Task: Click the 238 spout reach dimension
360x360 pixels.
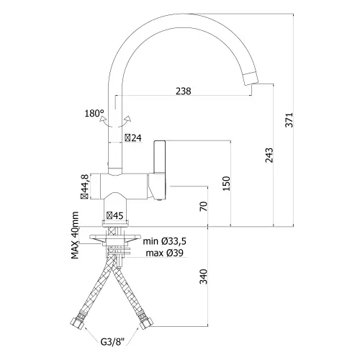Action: click(x=184, y=91)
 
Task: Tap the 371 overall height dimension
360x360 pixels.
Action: click(x=289, y=120)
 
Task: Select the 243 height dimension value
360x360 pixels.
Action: click(x=269, y=156)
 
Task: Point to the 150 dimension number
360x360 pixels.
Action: click(x=226, y=184)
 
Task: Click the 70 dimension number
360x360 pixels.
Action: click(x=204, y=207)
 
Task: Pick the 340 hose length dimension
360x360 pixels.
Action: click(x=204, y=276)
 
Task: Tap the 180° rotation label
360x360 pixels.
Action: click(x=94, y=113)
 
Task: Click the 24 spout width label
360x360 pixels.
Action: click(x=133, y=138)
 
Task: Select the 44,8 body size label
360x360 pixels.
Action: click(x=84, y=186)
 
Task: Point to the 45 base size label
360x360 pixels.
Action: click(x=115, y=216)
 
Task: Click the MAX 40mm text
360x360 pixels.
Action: click(x=75, y=235)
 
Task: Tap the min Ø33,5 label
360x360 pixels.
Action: click(x=165, y=241)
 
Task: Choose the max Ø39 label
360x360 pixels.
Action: click(x=165, y=253)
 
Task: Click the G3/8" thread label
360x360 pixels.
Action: click(x=113, y=342)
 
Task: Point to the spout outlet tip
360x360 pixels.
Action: click(x=251, y=78)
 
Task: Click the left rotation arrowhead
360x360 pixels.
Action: click(x=103, y=118)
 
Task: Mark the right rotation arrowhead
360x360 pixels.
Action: click(x=128, y=119)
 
